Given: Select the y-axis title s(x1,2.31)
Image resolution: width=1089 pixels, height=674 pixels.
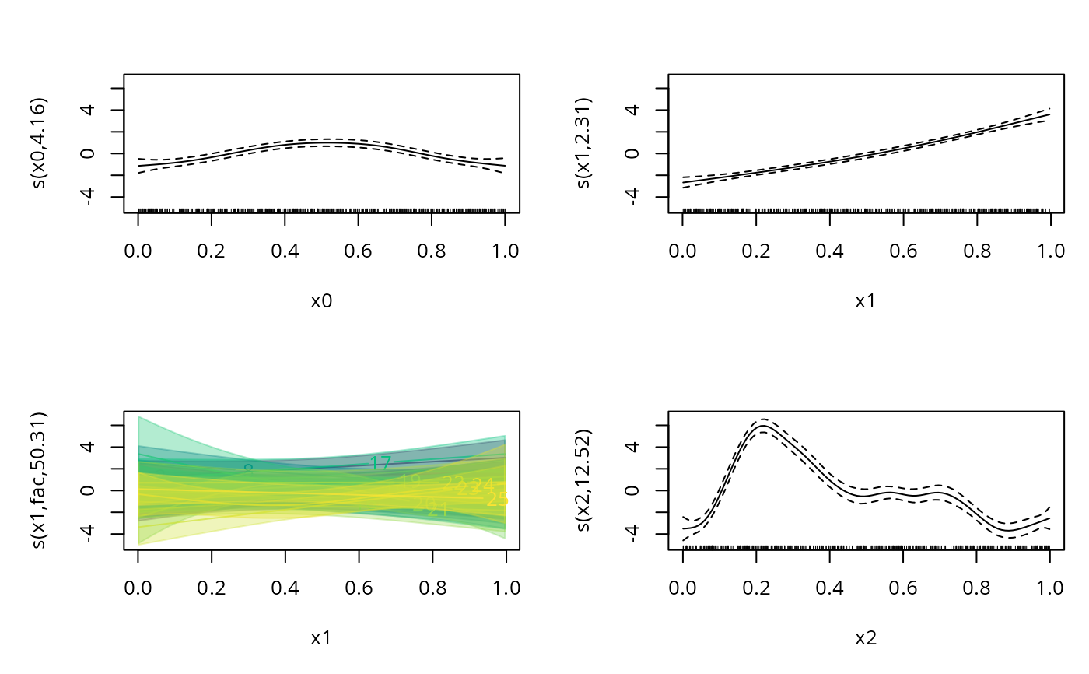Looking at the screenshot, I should pos(586,144).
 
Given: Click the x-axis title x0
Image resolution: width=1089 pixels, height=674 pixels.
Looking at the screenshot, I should pos(321,301).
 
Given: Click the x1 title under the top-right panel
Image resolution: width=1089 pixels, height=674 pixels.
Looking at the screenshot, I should pos(866,301).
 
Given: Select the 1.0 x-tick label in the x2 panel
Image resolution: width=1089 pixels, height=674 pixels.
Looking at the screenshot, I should pos(1049,588).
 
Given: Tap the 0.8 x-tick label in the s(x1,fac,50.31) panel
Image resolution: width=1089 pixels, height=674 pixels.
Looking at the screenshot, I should pos(432,588).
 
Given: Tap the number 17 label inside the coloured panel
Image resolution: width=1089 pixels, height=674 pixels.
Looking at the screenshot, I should pos(380,463).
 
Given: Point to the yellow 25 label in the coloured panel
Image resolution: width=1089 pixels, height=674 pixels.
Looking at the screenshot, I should pos(497,499).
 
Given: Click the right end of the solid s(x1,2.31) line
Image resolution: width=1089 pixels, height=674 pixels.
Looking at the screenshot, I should pos(1049,114).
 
